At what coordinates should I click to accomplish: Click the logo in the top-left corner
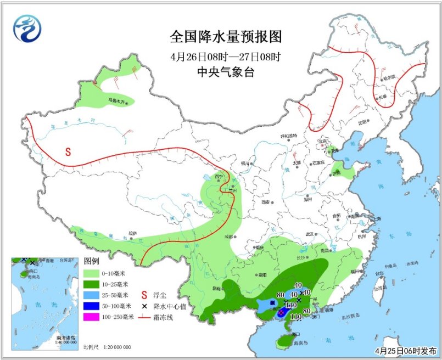27,28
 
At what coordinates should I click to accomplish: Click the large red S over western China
69,151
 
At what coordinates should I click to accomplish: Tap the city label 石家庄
318,163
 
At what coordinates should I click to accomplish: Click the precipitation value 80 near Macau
307,311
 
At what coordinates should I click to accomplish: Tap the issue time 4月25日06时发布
403,350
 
